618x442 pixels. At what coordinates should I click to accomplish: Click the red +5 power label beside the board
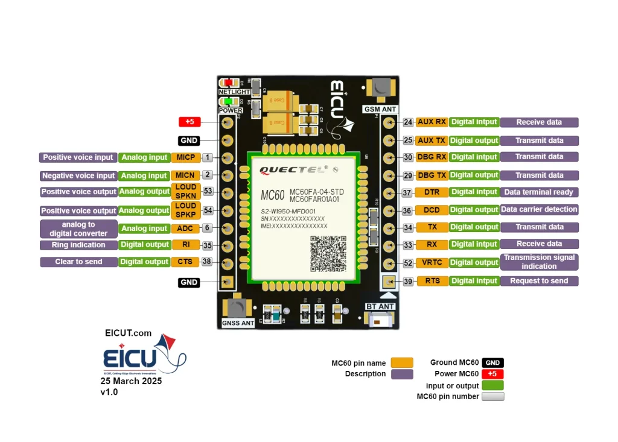[190, 122]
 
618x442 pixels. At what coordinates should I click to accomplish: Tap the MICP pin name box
[185, 157]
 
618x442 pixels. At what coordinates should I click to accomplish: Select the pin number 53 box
[208, 191]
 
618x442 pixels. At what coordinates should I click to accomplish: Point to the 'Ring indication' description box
[78, 245]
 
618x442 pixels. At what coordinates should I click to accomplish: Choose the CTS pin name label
[185, 262]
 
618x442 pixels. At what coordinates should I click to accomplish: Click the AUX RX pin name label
[432, 122]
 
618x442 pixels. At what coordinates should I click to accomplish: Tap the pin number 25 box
[409, 140]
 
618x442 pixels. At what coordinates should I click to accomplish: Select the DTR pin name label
[432, 192]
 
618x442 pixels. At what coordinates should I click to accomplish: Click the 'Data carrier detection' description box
[539, 209]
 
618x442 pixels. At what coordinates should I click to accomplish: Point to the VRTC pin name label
[432, 262]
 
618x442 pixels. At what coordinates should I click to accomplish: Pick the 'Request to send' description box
[539, 281]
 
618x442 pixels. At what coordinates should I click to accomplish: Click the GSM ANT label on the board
[380, 109]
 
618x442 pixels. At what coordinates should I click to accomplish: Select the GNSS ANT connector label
[238, 323]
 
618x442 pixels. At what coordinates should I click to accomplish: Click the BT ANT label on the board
[380, 307]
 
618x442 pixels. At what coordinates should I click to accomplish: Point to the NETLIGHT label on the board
[234, 92]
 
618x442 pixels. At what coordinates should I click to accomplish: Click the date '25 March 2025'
[131, 381]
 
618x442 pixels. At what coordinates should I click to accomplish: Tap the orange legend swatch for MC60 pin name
[402, 363]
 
